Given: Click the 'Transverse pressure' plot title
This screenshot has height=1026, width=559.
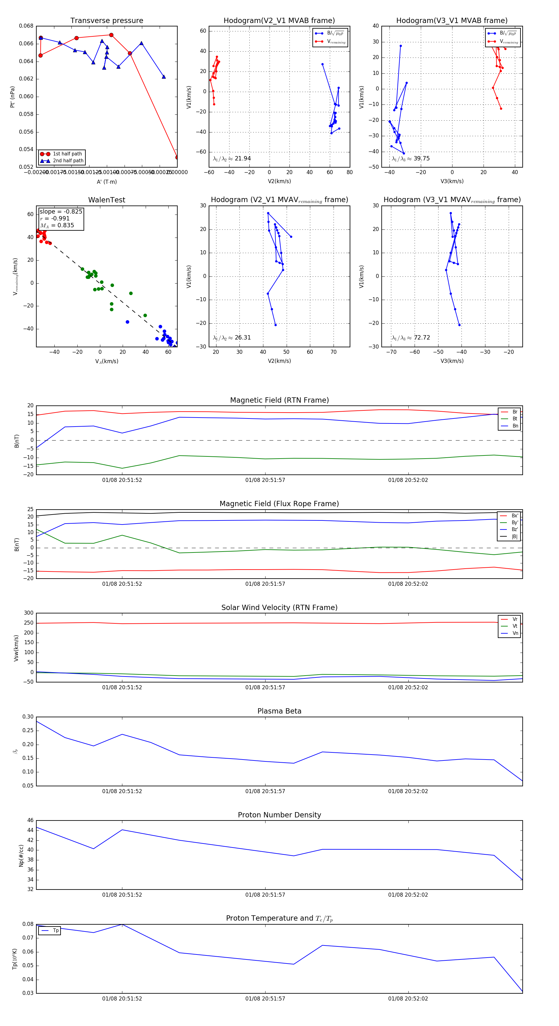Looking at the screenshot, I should (x=107, y=21).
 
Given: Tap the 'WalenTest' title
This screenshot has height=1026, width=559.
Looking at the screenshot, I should (x=107, y=200).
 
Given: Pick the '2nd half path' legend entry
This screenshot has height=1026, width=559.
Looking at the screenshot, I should (x=68, y=161).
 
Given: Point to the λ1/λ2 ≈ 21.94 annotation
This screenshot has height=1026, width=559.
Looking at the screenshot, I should (x=232, y=159).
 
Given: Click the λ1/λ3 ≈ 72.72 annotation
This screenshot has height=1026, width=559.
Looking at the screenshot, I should (x=411, y=338).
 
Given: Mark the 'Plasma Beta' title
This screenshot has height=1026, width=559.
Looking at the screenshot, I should (x=279, y=711).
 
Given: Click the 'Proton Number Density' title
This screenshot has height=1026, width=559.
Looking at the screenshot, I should (x=279, y=815).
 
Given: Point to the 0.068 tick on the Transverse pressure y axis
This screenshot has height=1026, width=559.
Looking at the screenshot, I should (x=26, y=26).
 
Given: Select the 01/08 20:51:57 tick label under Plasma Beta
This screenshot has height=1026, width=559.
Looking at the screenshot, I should (x=265, y=791).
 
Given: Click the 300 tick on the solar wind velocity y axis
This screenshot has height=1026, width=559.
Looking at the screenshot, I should (x=29, y=613).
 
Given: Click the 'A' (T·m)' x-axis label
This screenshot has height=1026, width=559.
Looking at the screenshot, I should (x=107, y=182).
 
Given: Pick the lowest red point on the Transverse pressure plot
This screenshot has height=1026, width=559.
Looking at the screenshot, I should (x=177, y=157).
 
